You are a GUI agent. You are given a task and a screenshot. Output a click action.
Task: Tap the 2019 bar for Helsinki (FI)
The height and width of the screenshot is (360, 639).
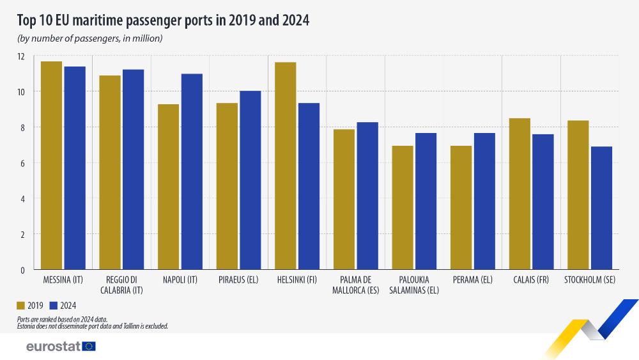point(286,166)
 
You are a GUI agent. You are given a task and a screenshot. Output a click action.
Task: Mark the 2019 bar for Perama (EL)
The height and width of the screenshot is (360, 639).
point(461,207)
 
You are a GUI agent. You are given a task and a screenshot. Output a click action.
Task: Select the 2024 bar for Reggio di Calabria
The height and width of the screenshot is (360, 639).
point(133,169)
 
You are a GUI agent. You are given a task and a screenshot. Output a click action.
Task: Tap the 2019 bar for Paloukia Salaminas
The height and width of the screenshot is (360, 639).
point(403,207)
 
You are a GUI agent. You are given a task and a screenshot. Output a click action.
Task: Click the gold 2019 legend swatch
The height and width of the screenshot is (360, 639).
point(20,305)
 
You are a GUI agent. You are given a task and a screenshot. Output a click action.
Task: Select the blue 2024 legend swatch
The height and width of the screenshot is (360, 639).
point(54,305)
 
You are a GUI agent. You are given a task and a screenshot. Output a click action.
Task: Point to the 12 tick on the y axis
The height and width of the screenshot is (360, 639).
point(21,56)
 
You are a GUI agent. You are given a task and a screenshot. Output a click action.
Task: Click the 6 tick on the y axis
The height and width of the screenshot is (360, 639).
point(22,163)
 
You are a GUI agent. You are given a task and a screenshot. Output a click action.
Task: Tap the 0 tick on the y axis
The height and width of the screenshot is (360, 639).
point(22,270)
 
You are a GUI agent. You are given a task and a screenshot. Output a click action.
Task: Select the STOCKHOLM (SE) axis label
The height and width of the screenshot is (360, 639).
point(589,280)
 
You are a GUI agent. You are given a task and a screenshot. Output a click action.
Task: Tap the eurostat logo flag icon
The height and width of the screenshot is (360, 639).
point(89,346)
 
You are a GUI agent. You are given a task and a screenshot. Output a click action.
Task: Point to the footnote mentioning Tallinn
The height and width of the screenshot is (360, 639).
point(93,326)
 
